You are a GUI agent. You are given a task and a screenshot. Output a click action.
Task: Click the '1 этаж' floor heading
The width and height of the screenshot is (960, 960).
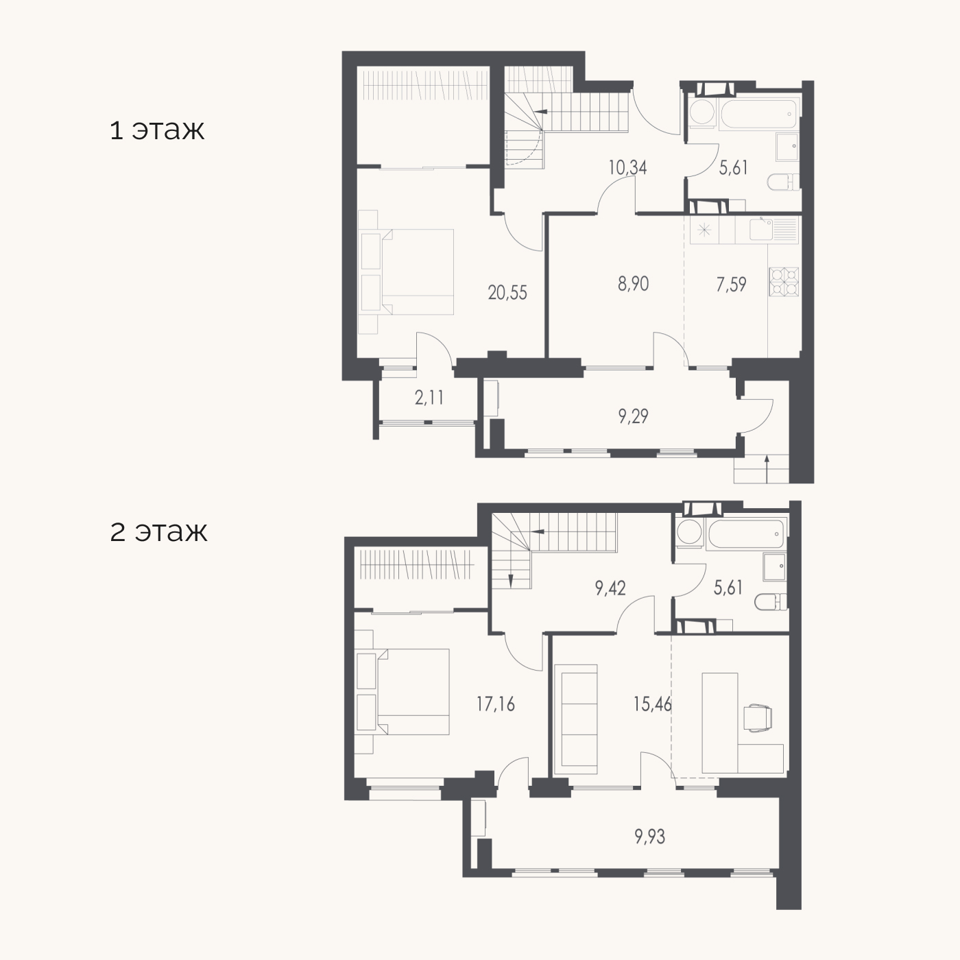(x=157, y=130)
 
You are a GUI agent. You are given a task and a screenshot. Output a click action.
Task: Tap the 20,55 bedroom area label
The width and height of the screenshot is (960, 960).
(x=507, y=293)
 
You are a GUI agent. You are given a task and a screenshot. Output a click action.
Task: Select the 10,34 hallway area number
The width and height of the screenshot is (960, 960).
(x=627, y=168)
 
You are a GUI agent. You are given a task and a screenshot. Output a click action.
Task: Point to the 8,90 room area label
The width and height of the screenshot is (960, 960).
(x=633, y=284)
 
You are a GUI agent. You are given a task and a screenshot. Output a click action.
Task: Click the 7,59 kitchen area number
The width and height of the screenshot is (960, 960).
(x=732, y=285)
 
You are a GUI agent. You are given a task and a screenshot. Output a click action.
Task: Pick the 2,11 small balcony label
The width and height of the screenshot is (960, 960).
(x=429, y=398)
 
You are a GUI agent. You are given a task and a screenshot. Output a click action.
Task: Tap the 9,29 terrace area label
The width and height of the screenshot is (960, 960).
(x=633, y=416)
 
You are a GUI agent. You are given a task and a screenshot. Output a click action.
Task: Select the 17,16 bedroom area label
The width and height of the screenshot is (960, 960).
(x=496, y=704)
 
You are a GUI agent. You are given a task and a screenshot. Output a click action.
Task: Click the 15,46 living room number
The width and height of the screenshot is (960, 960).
(x=653, y=704)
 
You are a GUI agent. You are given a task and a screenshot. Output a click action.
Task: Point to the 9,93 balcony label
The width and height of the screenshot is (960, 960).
(x=649, y=837)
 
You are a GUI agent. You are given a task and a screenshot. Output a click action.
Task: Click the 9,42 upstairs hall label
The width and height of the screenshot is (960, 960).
(x=610, y=588)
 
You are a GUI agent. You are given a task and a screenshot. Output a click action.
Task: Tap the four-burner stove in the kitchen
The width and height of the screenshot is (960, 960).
(x=784, y=282)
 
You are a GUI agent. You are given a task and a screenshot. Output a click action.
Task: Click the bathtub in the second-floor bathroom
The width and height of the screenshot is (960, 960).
(x=745, y=535)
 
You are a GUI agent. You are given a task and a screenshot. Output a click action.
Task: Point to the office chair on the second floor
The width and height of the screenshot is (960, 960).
(x=758, y=719)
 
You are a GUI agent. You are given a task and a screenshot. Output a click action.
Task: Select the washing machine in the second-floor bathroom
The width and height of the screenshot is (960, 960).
(x=689, y=533)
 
